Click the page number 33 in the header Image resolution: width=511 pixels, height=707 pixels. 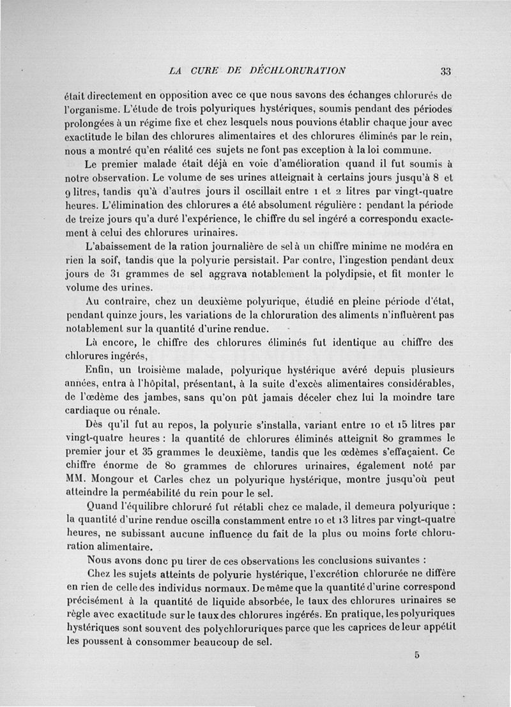pos(446,70)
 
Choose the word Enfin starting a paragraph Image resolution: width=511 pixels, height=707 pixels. pos(98,369)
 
